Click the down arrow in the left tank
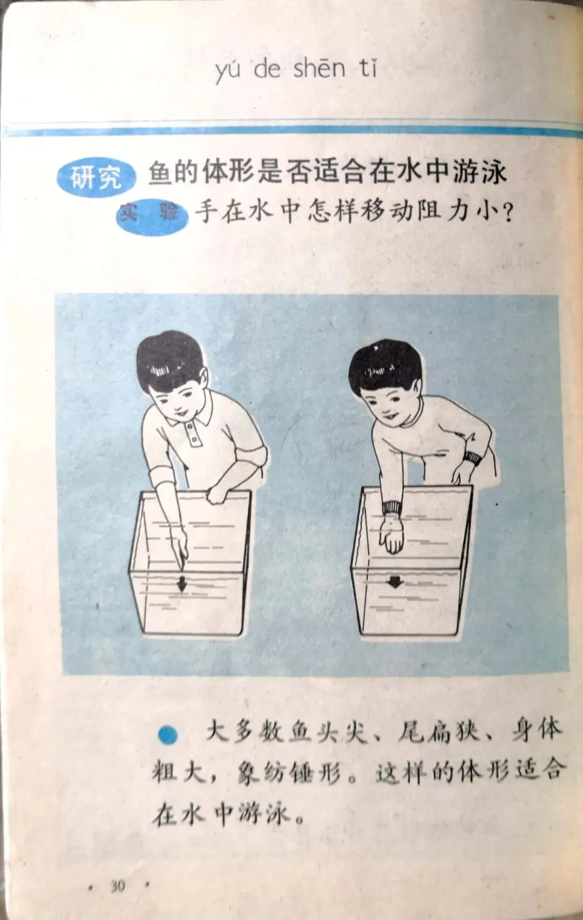tap(182, 584)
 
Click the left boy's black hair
tap(168, 360)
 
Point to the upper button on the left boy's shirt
tap(190, 427)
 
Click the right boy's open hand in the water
tap(391, 533)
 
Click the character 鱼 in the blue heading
tap(160, 173)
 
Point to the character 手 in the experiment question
tap(206, 212)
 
